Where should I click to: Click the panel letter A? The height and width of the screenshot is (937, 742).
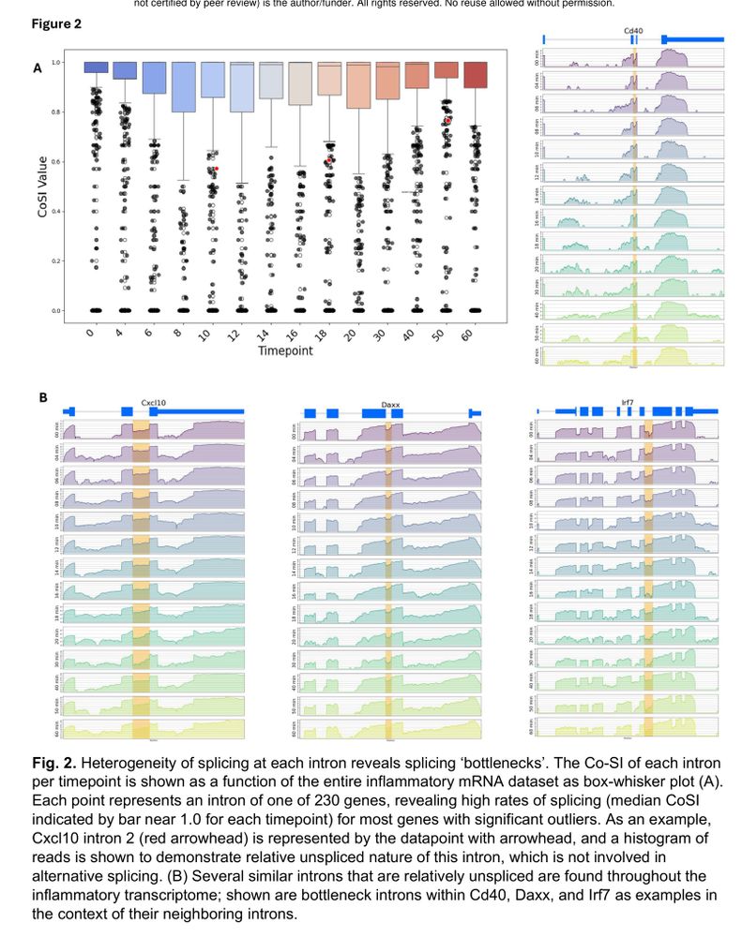(38, 67)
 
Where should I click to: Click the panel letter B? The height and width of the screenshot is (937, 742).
(42, 397)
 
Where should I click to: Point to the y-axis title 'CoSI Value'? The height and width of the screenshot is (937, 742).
(42, 186)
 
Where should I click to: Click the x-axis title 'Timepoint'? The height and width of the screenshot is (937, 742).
(286, 351)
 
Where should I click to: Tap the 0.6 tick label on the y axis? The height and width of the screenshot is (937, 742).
(56, 162)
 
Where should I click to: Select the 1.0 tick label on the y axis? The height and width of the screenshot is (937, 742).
(56, 63)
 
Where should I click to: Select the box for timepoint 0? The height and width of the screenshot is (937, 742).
(95, 67)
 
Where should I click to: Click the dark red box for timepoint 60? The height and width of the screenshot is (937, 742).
(475, 75)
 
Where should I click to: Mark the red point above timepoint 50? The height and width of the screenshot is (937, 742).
(448, 121)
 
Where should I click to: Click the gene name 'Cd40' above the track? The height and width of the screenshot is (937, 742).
(633, 31)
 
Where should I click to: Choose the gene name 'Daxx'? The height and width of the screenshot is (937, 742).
(391, 406)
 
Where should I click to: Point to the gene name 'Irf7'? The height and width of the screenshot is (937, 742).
(627, 404)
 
